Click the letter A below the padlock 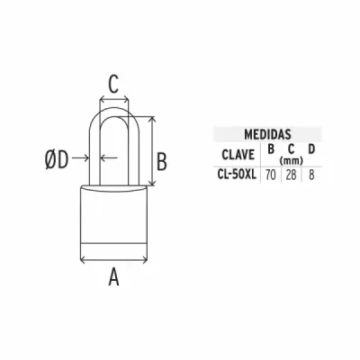pyautogui.click(x=113, y=277)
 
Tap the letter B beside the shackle pyautogui.click(x=162, y=162)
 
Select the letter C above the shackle pyautogui.click(x=113, y=84)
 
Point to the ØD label pyautogui.click(x=57, y=159)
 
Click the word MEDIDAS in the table pyautogui.click(x=267, y=134)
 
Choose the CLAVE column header pyautogui.click(x=238, y=155)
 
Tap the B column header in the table pyautogui.click(x=271, y=149)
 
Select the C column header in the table pyautogui.click(x=291, y=149)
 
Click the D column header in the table pyautogui.click(x=311, y=149)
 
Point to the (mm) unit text pyautogui.click(x=291, y=161)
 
